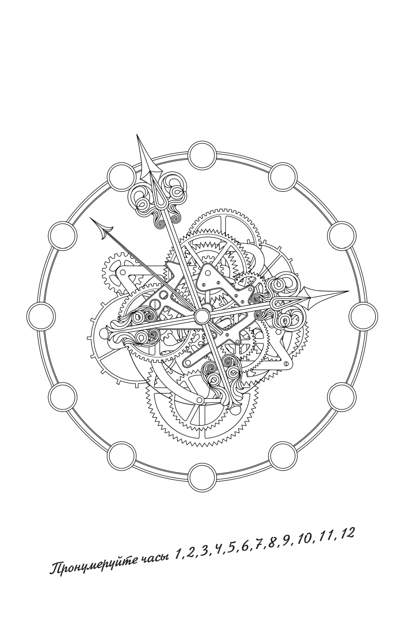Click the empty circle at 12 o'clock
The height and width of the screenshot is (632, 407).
coord(202,156)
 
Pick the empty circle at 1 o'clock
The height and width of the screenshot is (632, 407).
coord(283,177)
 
